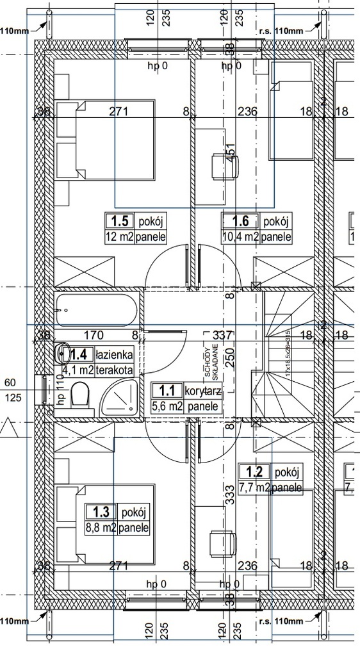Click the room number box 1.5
point(120,222)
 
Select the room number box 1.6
point(240,222)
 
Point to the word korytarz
point(203,390)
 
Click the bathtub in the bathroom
point(96,309)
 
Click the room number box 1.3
point(101,512)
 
